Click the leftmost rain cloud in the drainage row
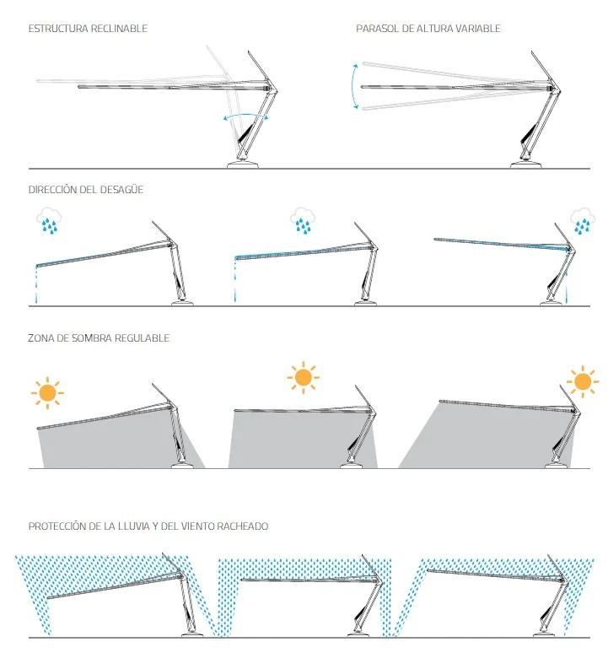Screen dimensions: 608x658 (49, 221)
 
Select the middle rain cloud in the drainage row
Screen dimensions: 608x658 (303, 220)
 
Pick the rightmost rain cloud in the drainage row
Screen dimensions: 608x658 (583, 221)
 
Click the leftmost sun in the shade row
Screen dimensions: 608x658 (47, 393)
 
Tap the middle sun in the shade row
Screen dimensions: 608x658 (304, 377)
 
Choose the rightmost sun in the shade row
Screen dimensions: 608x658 (583, 382)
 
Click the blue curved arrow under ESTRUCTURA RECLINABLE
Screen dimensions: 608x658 (245, 115)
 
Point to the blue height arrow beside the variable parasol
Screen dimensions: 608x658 (352, 86)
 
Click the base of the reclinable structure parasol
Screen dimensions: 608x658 (243, 164)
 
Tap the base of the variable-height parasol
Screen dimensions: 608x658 (525, 164)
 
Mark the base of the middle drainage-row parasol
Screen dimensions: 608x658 (365, 303)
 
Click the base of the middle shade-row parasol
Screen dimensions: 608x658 (351, 465)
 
